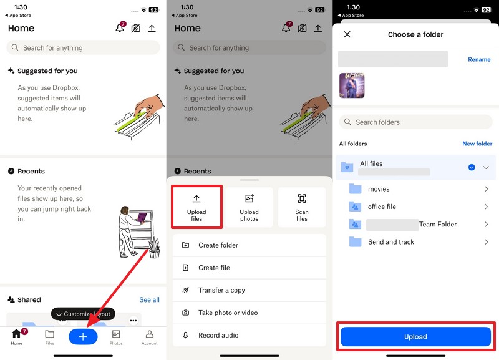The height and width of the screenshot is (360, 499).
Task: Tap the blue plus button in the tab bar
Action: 83,336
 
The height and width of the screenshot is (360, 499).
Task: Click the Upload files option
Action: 196,207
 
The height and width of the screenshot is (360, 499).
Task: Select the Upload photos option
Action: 249,207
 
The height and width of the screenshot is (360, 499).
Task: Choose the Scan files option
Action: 302,207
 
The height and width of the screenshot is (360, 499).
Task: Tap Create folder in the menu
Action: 218,245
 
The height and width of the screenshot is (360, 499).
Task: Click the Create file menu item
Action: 214,268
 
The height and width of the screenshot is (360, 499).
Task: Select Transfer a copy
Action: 221,290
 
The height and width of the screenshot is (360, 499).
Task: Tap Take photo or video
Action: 228,313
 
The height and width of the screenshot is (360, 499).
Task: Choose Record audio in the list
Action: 218,335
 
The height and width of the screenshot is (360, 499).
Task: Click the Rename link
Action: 479,59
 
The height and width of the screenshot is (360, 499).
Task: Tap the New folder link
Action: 477,144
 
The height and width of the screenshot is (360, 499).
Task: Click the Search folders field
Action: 415,122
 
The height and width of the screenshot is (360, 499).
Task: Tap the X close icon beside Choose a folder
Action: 347,34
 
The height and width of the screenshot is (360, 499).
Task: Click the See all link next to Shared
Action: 149,299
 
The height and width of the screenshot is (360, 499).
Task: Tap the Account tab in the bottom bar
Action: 149,337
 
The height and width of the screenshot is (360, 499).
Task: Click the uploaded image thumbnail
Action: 352,85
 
